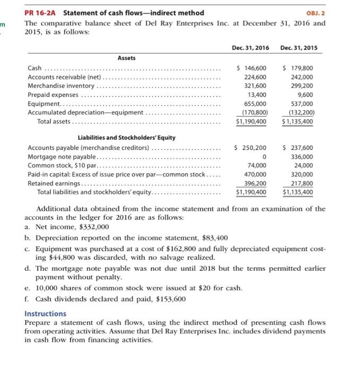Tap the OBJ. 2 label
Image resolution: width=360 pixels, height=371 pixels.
(x=317, y=13)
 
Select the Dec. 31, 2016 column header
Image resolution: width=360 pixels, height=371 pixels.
(x=250, y=48)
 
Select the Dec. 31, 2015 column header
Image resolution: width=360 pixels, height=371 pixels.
(x=298, y=48)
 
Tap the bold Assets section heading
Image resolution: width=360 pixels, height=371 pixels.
(x=125, y=58)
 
